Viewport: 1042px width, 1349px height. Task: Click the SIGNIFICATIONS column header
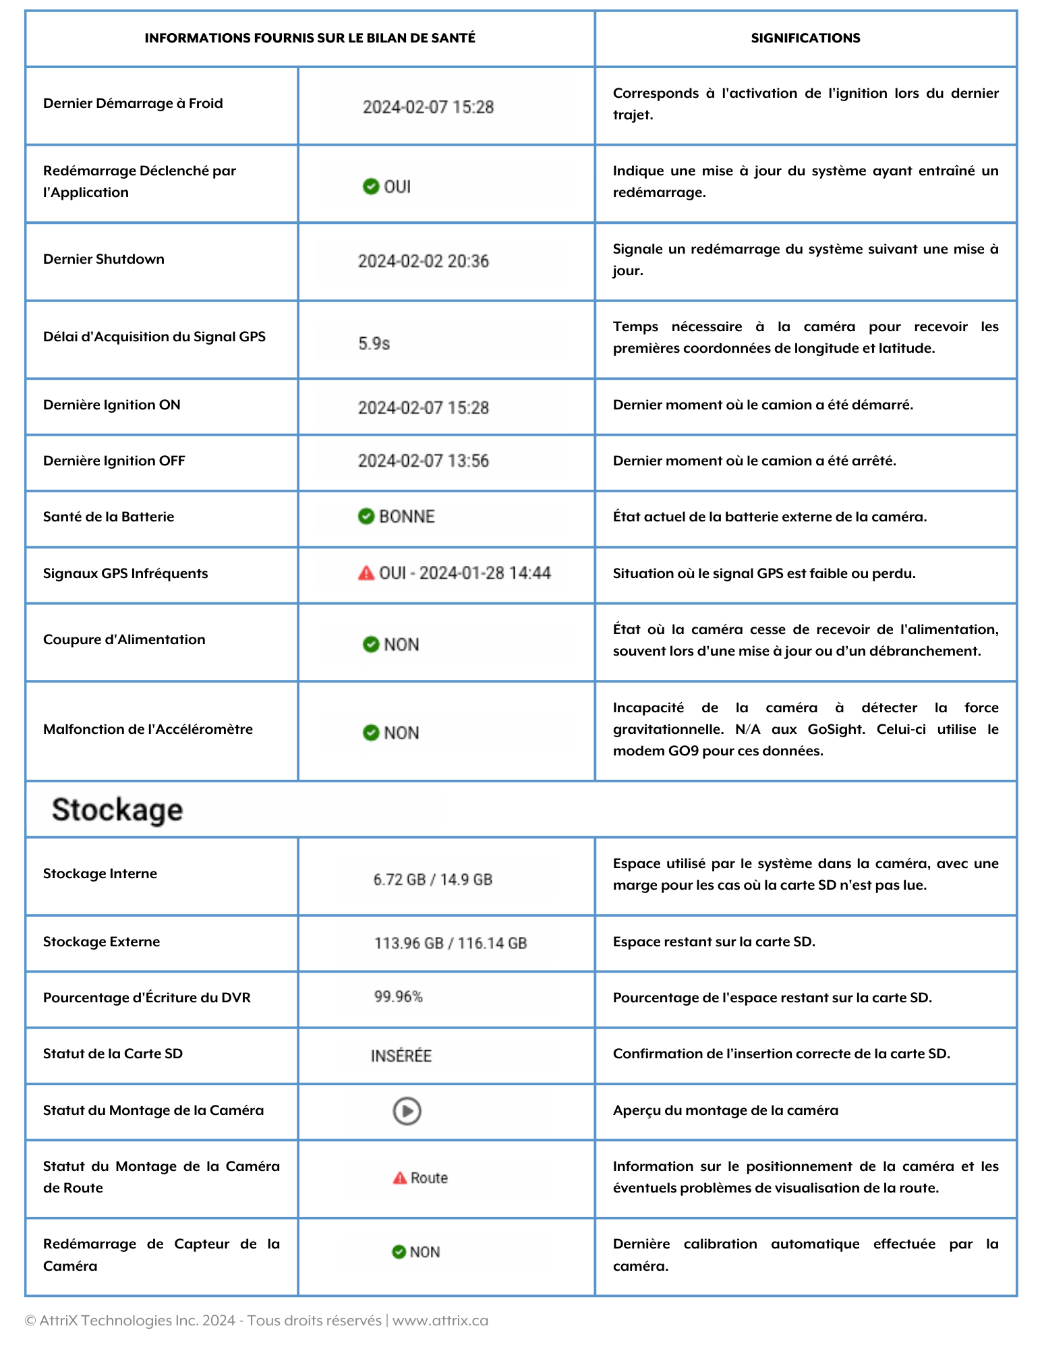[x=805, y=38]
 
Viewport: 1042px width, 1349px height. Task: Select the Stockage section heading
[x=117, y=809]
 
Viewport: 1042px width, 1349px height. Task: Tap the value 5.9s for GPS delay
[x=374, y=343]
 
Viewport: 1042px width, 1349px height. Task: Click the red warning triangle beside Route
[x=400, y=1178]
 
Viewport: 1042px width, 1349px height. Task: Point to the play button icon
[x=407, y=1111]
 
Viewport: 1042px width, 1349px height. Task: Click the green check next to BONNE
[x=366, y=517]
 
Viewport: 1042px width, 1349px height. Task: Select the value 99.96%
[x=399, y=997]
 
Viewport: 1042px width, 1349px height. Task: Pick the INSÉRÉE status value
[x=401, y=1056]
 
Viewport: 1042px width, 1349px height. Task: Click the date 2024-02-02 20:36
[x=423, y=261]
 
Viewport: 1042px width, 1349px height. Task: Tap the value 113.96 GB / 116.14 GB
[x=451, y=943]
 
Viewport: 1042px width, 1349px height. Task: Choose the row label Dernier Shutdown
[x=104, y=259]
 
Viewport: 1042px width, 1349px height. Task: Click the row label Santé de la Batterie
[x=109, y=517]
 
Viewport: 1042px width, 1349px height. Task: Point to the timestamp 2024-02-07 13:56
[x=423, y=461]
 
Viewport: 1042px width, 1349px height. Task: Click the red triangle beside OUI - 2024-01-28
[x=366, y=573]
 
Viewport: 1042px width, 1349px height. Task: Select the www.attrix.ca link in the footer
[x=440, y=1320]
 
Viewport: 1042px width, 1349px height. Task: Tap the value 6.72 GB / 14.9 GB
[x=432, y=880]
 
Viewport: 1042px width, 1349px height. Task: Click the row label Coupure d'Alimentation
[x=124, y=639]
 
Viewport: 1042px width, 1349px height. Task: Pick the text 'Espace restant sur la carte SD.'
[x=714, y=942]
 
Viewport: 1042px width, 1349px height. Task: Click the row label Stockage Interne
[x=100, y=873]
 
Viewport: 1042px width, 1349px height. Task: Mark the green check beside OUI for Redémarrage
[x=370, y=186]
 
